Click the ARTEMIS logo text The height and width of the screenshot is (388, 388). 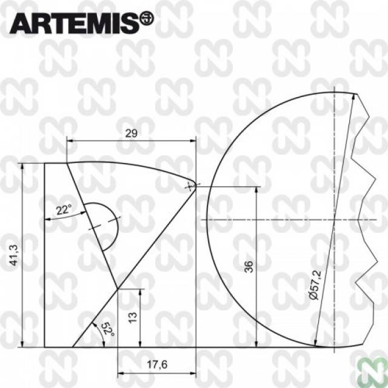(74, 23)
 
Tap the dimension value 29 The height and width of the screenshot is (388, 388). (131, 133)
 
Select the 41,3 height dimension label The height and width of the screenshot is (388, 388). (14, 255)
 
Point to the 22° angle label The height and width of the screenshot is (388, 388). (64, 210)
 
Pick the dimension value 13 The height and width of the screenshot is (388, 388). (133, 318)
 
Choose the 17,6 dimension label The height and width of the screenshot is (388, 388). (157, 364)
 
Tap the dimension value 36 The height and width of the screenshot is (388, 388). (249, 267)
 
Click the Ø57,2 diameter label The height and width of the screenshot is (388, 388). (316, 285)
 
